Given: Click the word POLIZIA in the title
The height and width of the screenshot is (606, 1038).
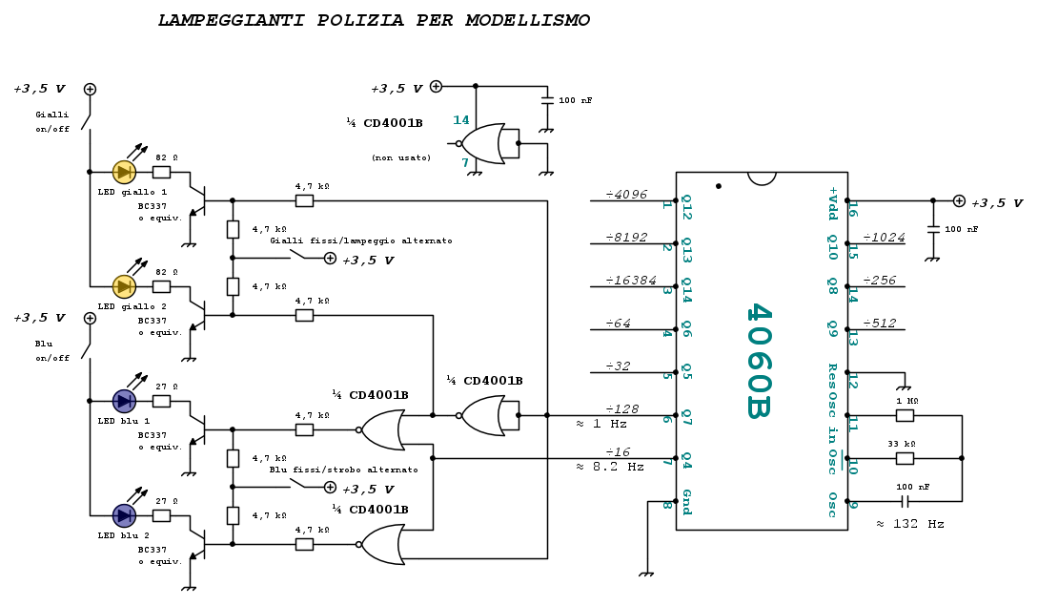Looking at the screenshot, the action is pos(360,21).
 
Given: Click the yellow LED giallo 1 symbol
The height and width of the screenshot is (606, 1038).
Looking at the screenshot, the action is pos(124,173).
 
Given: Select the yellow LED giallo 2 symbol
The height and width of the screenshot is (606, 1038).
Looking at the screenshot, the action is pos(124,287).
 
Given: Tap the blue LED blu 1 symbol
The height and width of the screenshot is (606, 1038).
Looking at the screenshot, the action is pos(124,401).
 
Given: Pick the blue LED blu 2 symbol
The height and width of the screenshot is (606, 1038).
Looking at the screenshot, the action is pos(124,516).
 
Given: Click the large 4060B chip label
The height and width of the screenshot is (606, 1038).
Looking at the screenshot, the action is pos(759,361).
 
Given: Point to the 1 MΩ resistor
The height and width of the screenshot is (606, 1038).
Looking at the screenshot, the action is pos(905,416).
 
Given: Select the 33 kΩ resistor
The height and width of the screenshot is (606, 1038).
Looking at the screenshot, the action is pos(905,458).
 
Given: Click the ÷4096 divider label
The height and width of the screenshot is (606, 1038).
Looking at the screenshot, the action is pos(626,195).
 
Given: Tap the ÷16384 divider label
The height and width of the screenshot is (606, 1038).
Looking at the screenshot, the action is pos(631,281).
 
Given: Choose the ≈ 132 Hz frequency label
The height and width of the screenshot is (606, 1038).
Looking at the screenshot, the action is pos(910,524).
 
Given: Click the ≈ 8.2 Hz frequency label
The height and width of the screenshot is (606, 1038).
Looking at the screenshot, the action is pos(610,467).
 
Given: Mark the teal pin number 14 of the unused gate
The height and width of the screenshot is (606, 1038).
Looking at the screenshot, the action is pos(460,120).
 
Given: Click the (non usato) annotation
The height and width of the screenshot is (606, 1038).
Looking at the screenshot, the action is pos(401,157).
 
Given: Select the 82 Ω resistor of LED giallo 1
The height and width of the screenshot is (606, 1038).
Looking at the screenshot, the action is pos(161,173).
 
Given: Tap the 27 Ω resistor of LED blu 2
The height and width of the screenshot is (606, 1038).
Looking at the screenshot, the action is pos(161,516).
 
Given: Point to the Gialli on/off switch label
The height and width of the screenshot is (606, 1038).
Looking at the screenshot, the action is pos(52,122).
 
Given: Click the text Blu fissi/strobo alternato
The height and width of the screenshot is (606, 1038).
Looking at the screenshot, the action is pos(343,470).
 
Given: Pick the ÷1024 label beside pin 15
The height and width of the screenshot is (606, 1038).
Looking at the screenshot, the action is pos(884,238).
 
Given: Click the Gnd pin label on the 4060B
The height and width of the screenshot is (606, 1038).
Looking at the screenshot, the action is pos(686,503).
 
